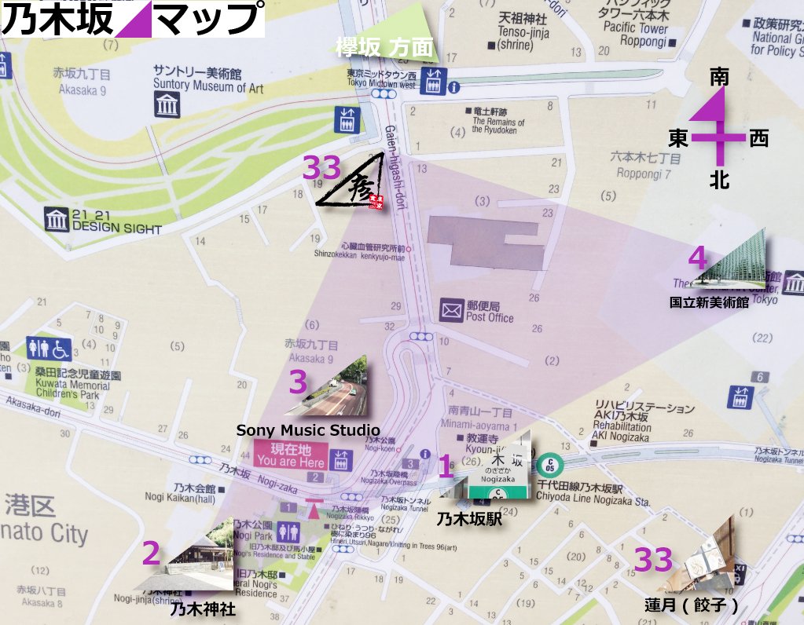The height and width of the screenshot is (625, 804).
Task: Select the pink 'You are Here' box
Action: (x=290, y=455)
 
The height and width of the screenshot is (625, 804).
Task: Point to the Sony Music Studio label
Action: (x=308, y=430)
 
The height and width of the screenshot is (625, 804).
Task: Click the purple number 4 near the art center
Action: (x=697, y=258)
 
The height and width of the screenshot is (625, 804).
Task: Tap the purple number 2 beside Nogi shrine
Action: (x=151, y=554)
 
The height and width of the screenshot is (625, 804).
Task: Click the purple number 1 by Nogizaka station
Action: (x=445, y=468)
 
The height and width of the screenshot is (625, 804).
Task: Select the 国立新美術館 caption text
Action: (x=709, y=302)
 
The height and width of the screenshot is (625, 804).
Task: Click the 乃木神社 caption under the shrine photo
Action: (x=204, y=609)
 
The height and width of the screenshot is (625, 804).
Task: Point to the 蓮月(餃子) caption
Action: (x=691, y=605)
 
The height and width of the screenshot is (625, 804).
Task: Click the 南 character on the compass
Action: (x=718, y=77)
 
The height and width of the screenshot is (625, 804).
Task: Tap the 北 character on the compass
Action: (x=718, y=181)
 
